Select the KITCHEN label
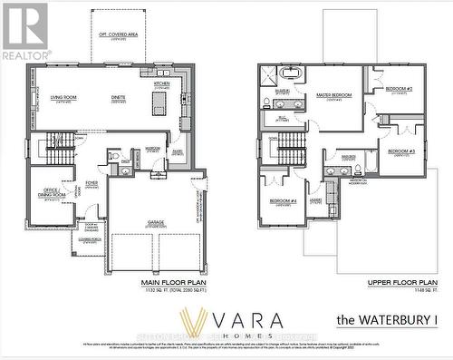pos(161,83)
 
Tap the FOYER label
pos(92,183)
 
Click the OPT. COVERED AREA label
pos(118,34)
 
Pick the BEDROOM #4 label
pos(282,200)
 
